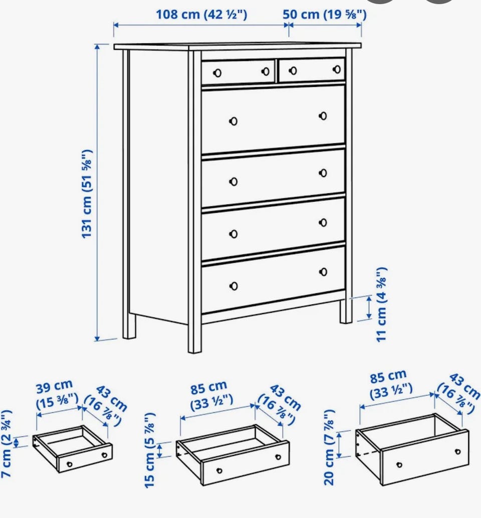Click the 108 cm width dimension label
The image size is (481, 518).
[x=201, y=14]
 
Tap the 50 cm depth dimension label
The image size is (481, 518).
[x=325, y=14]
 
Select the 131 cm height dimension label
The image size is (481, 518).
[x=87, y=194]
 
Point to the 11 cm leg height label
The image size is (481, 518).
[x=381, y=304]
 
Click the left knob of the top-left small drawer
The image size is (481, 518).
[x=217, y=73]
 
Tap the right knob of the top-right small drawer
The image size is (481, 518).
[x=337, y=69]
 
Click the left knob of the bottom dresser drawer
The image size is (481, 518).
[x=233, y=286]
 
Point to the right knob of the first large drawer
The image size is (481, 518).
[x=323, y=116]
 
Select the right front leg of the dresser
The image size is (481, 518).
[x=346, y=310]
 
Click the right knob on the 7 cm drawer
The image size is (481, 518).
[x=104, y=455]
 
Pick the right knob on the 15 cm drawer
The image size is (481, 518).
[x=278, y=457]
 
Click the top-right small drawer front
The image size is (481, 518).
[x=312, y=70]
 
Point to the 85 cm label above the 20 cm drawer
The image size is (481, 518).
[x=388, y=376]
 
